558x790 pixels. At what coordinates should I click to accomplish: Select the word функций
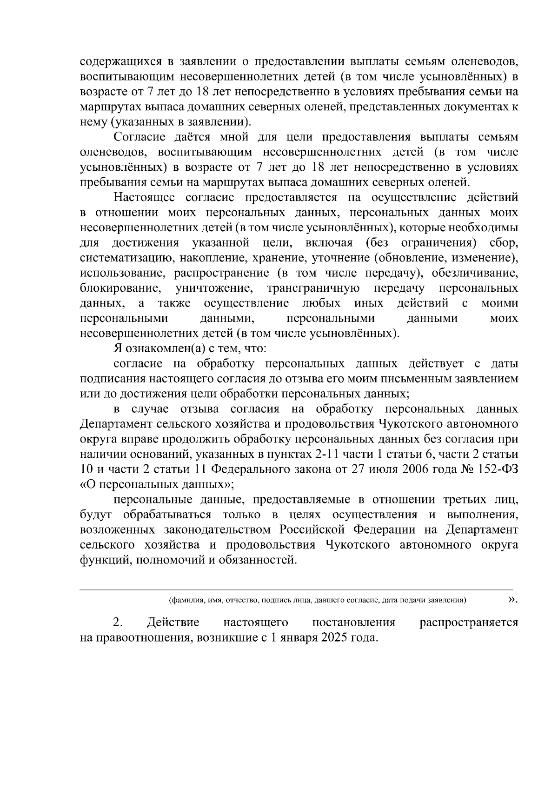point(100,560)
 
